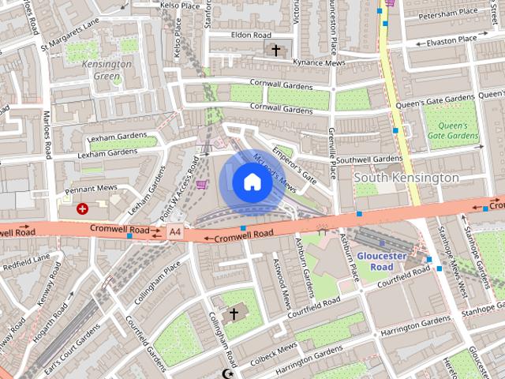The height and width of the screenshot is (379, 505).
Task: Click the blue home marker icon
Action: click(251, 182)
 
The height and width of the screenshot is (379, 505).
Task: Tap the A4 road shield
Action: click(174, 232)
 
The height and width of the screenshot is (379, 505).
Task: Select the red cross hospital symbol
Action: click(82, 208)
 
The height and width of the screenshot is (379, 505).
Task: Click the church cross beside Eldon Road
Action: click(275, 51)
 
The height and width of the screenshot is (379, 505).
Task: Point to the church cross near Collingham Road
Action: click(233, 313)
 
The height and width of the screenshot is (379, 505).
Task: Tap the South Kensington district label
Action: click(406, 178)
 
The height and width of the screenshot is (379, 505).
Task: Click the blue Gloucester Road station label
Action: click(381, 261)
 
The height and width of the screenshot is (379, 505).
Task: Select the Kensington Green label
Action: click(107, 69)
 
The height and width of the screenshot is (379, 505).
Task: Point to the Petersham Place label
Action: click(448, 13)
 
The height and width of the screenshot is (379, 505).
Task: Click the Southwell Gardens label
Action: click(369, 159)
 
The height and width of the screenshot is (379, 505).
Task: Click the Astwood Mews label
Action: click(282, 283)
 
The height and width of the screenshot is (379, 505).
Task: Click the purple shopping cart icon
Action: click(203, 184)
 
